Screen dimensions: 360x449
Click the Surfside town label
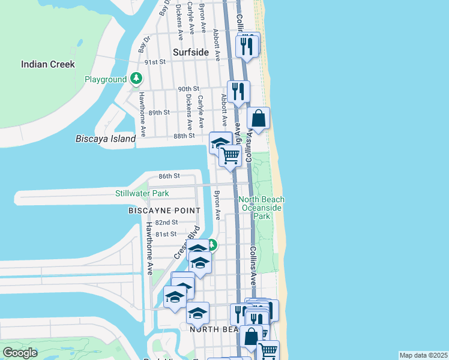pyautogui.click(x=190, y=52)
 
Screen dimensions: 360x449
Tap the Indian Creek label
pyautogui.click(x=48, y=64)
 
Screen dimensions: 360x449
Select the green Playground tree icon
pyautogui.click(x=137, y=79)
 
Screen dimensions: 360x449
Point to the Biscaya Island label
pyautogui.click(x=106, y=139)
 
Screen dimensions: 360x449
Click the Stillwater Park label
pyautogui.click(x=142, y=193)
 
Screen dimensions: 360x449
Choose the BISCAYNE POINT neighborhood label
pyautogui.click(x=164, y=211)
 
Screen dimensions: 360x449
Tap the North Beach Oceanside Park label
pyautogui.click(x=262, y=208)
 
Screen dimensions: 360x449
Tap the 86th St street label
pyautogui.click(x=169, y=176)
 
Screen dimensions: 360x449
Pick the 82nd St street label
pyautogui.click(x=166, y=222)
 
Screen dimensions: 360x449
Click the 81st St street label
pyautogui.click(x=166, y=234)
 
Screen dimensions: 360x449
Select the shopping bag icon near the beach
pyautogui.click(x=258, y=119)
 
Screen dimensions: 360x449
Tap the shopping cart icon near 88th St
pyautogui.click(x=231, y=156)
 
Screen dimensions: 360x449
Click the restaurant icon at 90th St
pyautogui.click(x=238, y=92)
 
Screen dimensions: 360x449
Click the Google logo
pyautogui.click(x=19, y=353)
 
